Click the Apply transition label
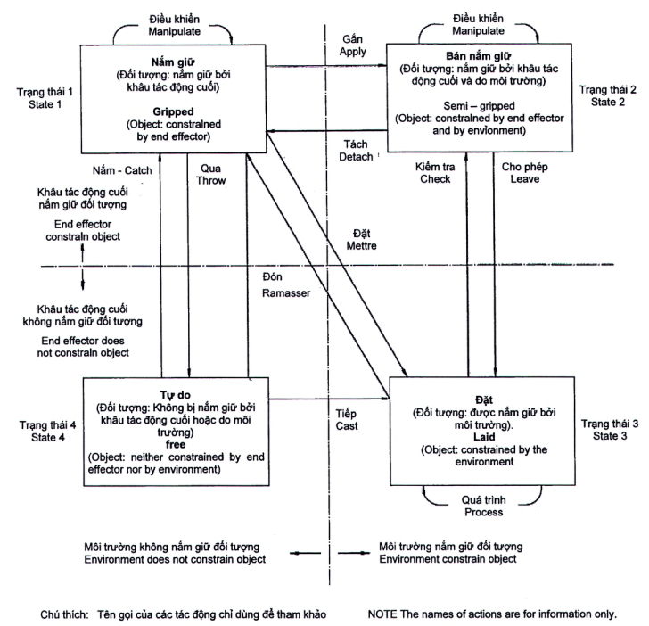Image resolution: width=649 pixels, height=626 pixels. click(x=354, y=54)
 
